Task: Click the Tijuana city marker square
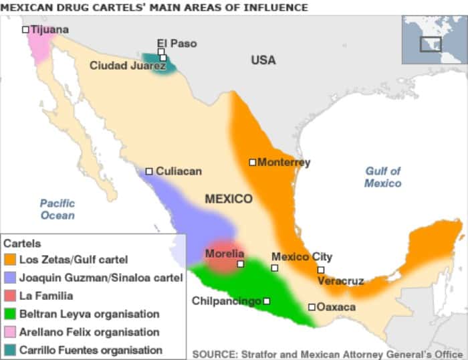(x=25, y=29)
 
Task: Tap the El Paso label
(x=177, y=43)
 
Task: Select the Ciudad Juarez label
(x=127, y=66)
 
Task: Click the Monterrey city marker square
(x=253, y=162)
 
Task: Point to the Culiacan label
(x=179, y=171)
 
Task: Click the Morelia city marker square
(x=241, y=264)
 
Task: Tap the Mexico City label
(x=302, y=257)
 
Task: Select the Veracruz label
(x=340, y=281)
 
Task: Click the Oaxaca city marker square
(x=312, y=307)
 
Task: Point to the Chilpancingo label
(x=226, y=301)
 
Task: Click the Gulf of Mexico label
(x=382, y=177)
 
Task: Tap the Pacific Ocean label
(x=57, y=209)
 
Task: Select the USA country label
(x=263, y=60)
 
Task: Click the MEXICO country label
(x=229, y=199)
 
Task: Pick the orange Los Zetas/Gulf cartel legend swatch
(x=10, y=260)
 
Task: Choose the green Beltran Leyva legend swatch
(x=10, y=314)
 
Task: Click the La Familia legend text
(x=46, y=296)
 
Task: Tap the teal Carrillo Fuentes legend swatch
(x=10, y=350)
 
